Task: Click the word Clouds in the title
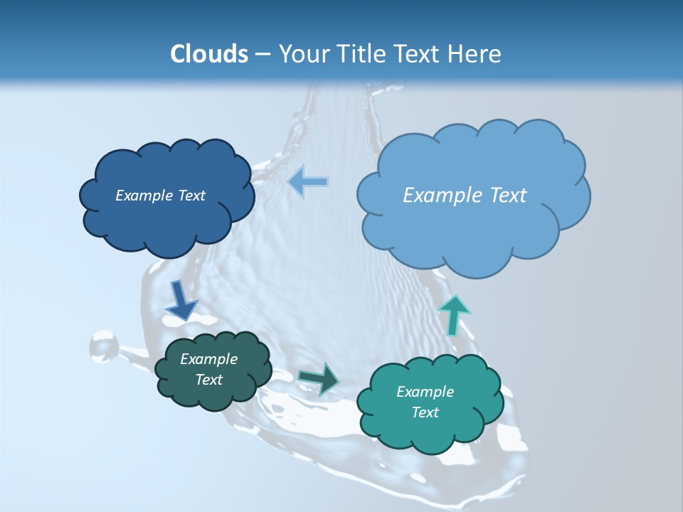pos(208,53)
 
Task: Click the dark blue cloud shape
pos(166,213)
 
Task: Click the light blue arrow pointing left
pos(307,182)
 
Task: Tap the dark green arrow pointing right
pos(319,378)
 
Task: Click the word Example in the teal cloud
pos(425,392)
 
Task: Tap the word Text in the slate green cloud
pos(208,380)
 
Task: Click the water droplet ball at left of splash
pos(104,346)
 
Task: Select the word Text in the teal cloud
pos(425,412)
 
